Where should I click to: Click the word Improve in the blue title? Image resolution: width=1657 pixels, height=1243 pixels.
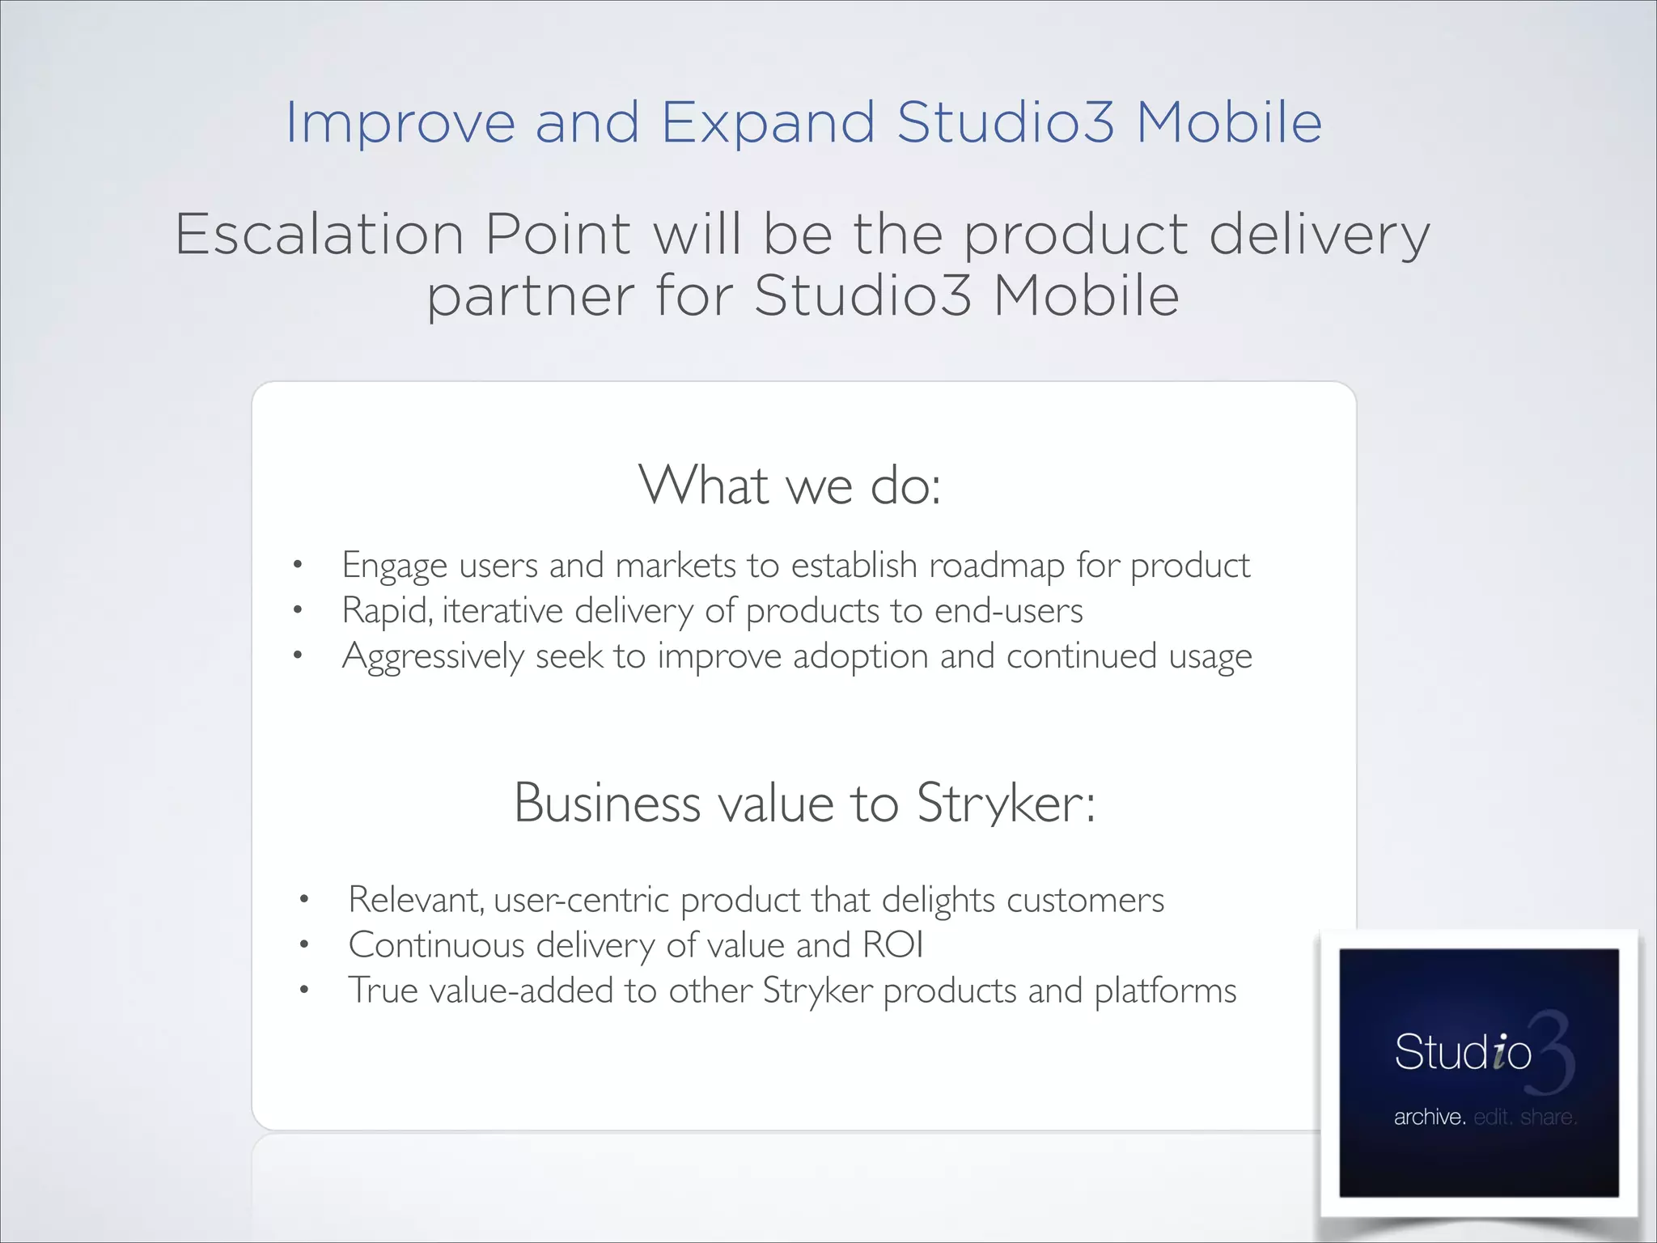pyautogui.click(x=400, y=123)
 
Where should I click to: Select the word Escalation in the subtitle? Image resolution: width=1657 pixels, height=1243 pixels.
pyautogui.click(x=320, y=235)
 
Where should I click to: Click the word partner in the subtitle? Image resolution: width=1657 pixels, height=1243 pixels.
pyautogui.click(x=531, y=296)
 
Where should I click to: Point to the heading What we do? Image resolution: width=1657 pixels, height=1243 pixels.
pyautogui.click(x=790, y=486)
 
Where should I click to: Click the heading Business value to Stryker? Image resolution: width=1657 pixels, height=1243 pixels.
pyautogui.click(x=804, y=803)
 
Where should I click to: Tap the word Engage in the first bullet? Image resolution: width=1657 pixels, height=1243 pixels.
pyautogui.click(x=394, y=566)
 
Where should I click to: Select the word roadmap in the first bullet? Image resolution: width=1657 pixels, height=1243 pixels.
pyautogui.click(x=997, y=566)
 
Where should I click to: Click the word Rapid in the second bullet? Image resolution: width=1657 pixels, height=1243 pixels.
pyautogui.click(x=384, y=611)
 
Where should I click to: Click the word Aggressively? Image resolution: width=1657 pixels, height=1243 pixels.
pyautogui.click(x=433, y=656)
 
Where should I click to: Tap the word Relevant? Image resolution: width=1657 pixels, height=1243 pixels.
pyautogui.click(x=415, y=900)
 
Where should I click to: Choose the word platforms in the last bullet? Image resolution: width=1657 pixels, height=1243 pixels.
pyautogui.click(x=1165, y=991)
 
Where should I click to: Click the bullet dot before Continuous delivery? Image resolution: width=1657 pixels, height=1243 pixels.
pyautogui.click(x=304, y=944)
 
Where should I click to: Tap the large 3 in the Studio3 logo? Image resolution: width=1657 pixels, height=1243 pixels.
pyautogui.click(x=1552, y=1052)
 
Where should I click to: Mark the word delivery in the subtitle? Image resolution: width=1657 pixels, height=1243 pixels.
pyautogui.click(x=1319, y=235)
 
